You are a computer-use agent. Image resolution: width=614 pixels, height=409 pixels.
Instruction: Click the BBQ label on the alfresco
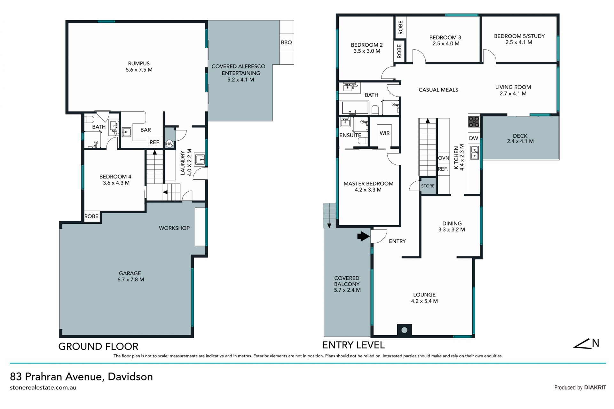pyautogui.click(x=286, y=43)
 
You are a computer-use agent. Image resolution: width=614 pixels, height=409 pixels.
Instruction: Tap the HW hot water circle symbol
pyautogui.click(x=169, y=144)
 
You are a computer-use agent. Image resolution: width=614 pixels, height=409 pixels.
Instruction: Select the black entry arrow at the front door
pyautogui.click(x=363, y=236)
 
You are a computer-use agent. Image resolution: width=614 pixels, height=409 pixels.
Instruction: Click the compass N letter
pyautogui.click(x=595, y=343)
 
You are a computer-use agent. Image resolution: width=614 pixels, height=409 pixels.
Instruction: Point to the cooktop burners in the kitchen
pyautogui.click(x=474, y=122)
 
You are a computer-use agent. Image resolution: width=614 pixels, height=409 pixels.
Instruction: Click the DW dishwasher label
pyautogui.click(x=474, y=138)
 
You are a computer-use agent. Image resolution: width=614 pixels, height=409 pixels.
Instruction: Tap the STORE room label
pyautogui.click(x=428, y=186)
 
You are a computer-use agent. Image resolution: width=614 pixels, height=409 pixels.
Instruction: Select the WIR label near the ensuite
pyautogui.click(x=384, y=133)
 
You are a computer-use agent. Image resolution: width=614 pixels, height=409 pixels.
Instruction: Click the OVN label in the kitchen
pyautogui.click(x=444, y=158)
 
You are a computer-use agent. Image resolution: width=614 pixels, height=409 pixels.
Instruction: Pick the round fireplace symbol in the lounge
pyautogui.click(x=404, y=330)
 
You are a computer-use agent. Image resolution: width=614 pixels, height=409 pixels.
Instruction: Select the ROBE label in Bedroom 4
pyautogui.click(x=91, y=216)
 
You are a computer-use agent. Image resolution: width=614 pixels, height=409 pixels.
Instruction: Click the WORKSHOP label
pyautogui.click(x=174, y=228)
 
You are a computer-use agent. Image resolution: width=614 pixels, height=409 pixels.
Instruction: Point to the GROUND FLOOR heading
pyautogui.click(x=98, y=346)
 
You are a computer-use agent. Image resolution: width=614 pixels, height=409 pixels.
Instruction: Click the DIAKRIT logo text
pyautogui.click(x=595, y=387)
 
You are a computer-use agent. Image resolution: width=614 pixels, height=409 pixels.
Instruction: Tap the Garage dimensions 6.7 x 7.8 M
pyautogui.click(x=130, y=279)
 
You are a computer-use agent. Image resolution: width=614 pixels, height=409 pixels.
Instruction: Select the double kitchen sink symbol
pyautogui.click(x=474, y=153)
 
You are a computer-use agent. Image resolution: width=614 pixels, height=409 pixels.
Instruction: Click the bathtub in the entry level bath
pyautogui.click(x=355, y=108)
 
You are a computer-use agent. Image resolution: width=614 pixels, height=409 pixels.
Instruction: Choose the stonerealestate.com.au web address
pyautogui.click(x=43, y=388)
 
